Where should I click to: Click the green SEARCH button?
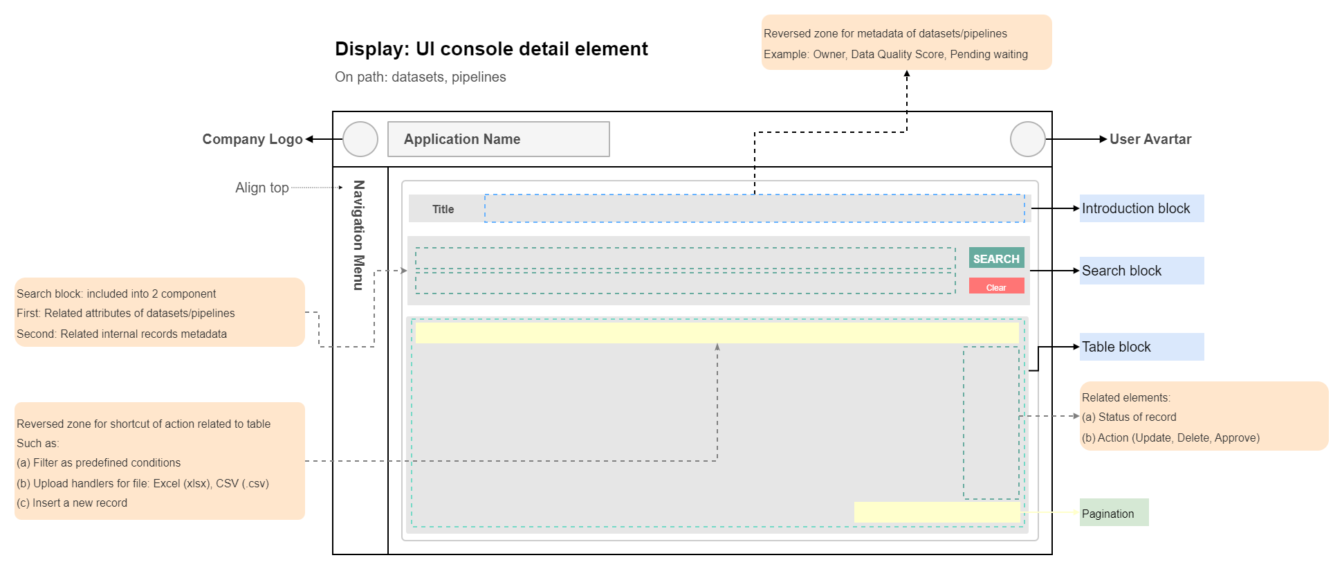[x=996, y=258]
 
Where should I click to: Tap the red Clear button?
[x=996, y=286]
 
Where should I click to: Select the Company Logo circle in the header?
[x=360, y=139]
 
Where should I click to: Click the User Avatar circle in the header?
[x=1028, y=139]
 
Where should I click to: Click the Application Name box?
[x=499, y=139]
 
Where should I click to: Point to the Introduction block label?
[x=1141, y=208]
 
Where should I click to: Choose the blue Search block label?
[x=1141, y=271]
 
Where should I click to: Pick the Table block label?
[x=1141, y=347]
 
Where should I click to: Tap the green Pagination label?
[x=1114, y=513]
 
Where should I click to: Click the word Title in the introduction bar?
[x=443, y=209]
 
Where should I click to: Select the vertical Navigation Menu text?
[x=358, y=235]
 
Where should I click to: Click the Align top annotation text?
[x=262, y=188]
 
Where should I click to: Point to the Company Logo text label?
[x=252, y=139]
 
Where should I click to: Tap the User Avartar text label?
[x=1150, y=139]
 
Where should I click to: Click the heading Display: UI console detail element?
[x=491, y=49]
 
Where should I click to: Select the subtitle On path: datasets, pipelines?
[x=421, y=77]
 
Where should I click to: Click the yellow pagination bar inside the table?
[x=937, y=512]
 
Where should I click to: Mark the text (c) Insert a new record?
[x=72, y=503]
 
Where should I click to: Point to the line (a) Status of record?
[x=1129, y=417]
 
